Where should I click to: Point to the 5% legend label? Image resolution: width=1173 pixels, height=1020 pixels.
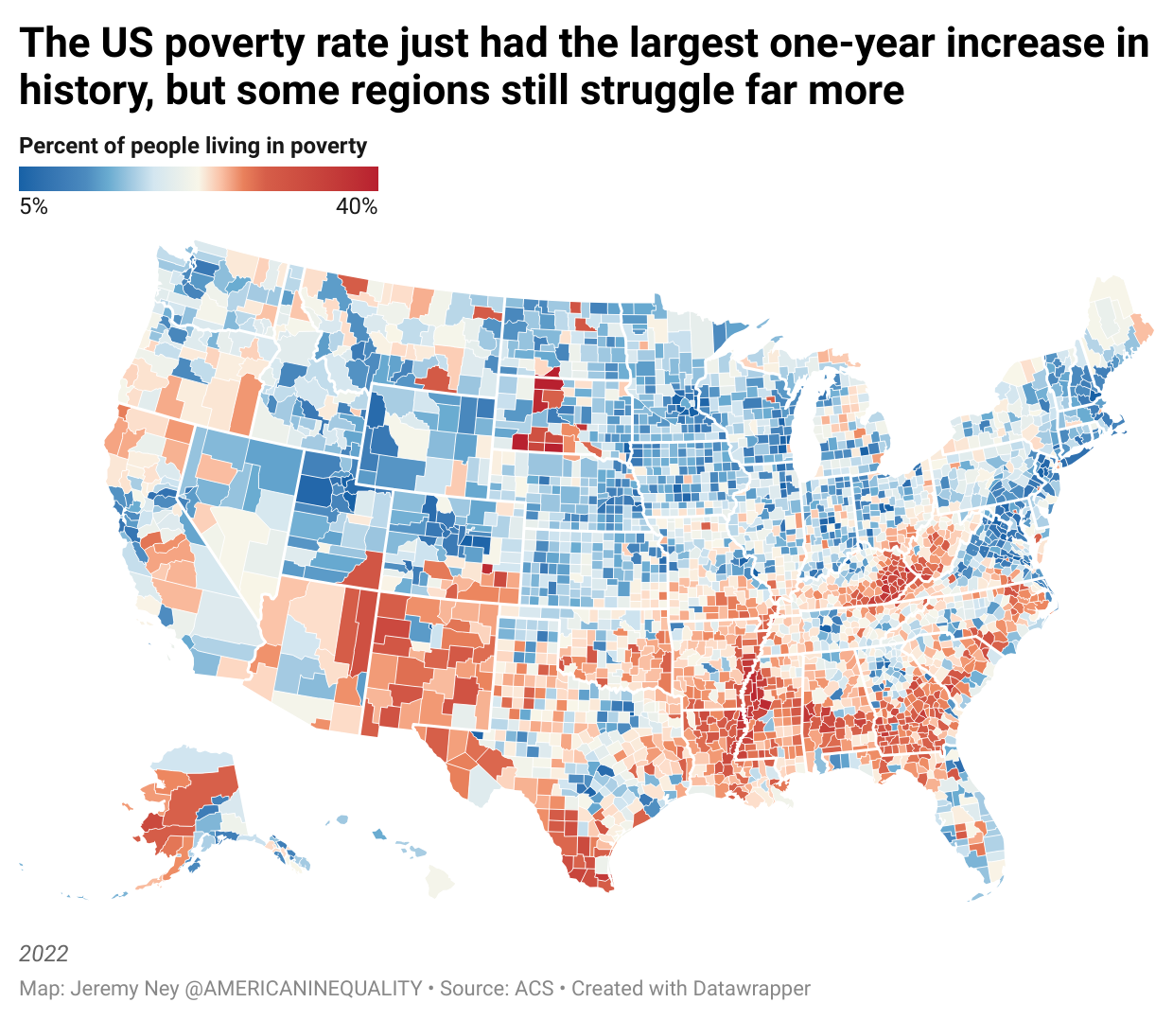[x=33, y=206]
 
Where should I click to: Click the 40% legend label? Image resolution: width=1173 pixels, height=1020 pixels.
[x=357, y=206]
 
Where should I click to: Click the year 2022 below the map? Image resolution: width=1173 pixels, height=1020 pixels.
[x=44, y=953]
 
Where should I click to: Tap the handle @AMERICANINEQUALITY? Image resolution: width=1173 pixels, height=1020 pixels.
[x=303, y=988]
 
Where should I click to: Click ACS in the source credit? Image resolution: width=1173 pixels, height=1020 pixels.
[x=534, y=988]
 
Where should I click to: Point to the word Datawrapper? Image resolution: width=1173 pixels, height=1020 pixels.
[x=751, y=988]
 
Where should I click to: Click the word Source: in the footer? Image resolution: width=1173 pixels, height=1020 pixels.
[x=474, y=988]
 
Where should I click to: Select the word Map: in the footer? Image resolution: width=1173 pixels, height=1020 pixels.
[x=42, y=988]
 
